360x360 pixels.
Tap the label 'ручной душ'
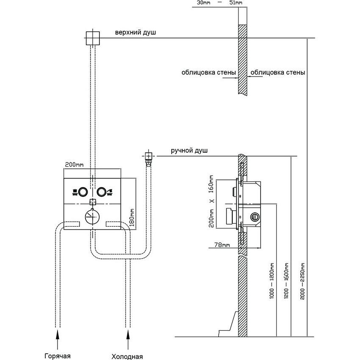190,150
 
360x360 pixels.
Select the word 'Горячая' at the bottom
57,355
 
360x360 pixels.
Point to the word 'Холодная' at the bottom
127,356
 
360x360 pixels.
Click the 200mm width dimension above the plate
74,164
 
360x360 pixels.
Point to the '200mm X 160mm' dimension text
212,201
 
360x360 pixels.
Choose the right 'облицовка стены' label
278,72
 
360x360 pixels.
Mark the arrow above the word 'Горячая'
58,337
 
